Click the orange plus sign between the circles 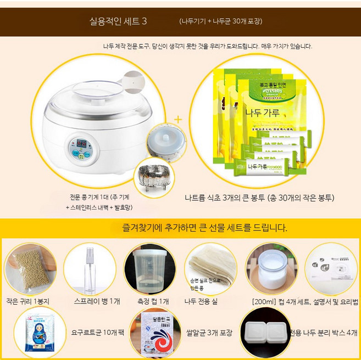pyautogui.click(x=178, y=119)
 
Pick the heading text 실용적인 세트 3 pyautogui.click(x=118, y=21)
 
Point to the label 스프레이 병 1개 pyautogui.click(x=97, y=301)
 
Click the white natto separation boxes pyautogui.click(x=266, y=333)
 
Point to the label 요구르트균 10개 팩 pyautogui.click(x=92, y=333)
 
